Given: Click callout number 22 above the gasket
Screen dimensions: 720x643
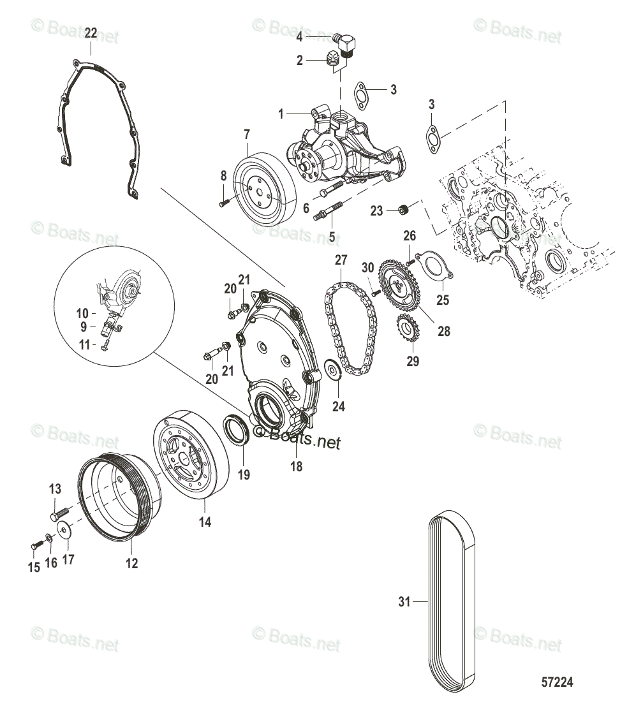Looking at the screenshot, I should point(91,33).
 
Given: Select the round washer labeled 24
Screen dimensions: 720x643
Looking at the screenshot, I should point(332,370).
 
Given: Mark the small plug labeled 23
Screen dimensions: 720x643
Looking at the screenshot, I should point(403,210).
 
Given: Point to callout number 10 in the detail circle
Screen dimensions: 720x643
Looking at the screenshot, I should point(83,314).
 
